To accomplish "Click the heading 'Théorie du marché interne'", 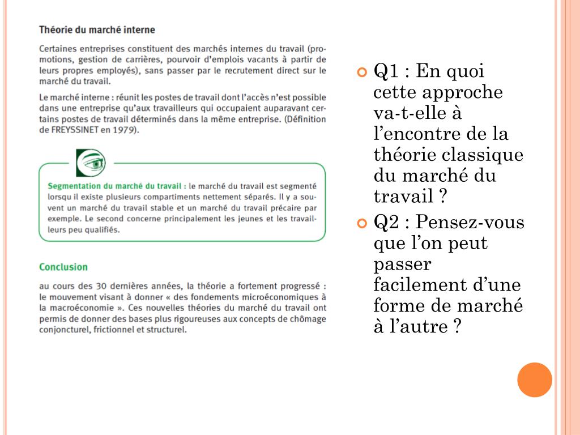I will pyautogui.click(x=97, y=29).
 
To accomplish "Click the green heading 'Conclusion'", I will pyautogui.click(x=63, y=267).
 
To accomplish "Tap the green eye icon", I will pyautogui.click(x=91, y=163).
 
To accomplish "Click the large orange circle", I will pyautogui.click(x=535, y=379).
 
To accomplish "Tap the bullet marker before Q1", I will pyautogui.click(x=362, y=72).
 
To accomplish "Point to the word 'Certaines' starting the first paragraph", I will pyautogui.click(x=57, y=49).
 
